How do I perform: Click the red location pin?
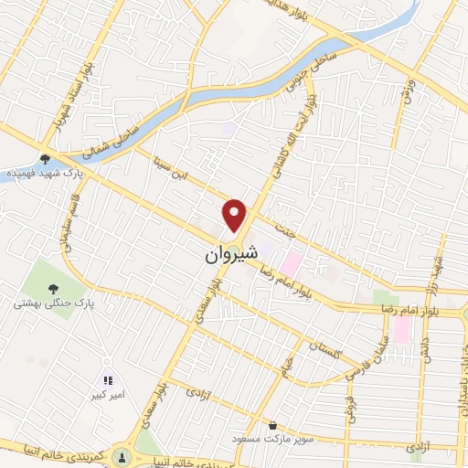pyautogui.click(x=235, y=216)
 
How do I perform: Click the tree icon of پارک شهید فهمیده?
pyautogui.click(x=46, y=159)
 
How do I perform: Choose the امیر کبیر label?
pyautogui.click(x=108, y=395)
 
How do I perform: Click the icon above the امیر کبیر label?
pyautogui.click(x=108, y=379)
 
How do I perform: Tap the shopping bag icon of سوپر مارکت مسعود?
pyautogui.click(x=272, y=424)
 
